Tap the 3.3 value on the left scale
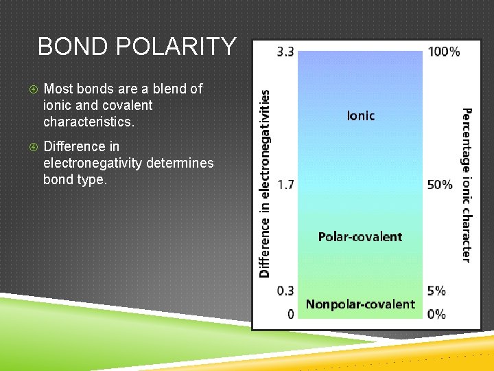click(x=285, y=52)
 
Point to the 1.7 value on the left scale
click(x=285, y=185)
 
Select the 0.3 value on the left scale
click(x=285, y=291)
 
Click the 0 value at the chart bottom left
click(x=291, y=314)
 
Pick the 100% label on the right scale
click(x=444, y=52)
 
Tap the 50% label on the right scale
click(x=440, y=185)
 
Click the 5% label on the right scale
click(x=436, y=291)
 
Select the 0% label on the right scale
click(x=436, y=314)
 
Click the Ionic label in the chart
click(x=361, y=115)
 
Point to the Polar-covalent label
click(x=360, y=237)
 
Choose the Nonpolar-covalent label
click(x=360, y=304)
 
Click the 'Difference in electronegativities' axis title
click(x=265, y=184)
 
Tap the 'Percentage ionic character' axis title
click(x=467, y=184)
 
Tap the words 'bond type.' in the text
click(x=75, y=180)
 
